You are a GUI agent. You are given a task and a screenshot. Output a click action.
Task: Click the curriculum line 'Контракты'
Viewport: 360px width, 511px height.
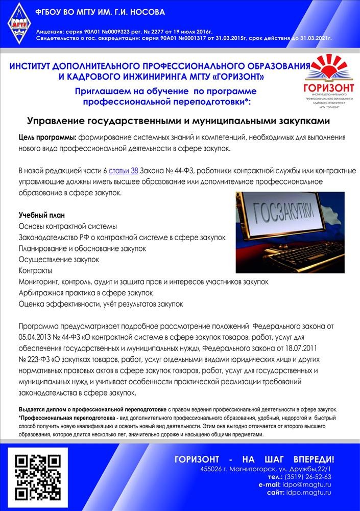[35, 270]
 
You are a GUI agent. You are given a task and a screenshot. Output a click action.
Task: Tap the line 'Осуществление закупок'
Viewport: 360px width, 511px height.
[59, 259]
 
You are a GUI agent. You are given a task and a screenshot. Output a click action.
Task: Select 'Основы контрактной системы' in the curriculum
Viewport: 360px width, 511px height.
[68, 226]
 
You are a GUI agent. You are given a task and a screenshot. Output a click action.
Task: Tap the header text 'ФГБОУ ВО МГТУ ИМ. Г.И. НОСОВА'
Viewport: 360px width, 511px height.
[99, 12]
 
